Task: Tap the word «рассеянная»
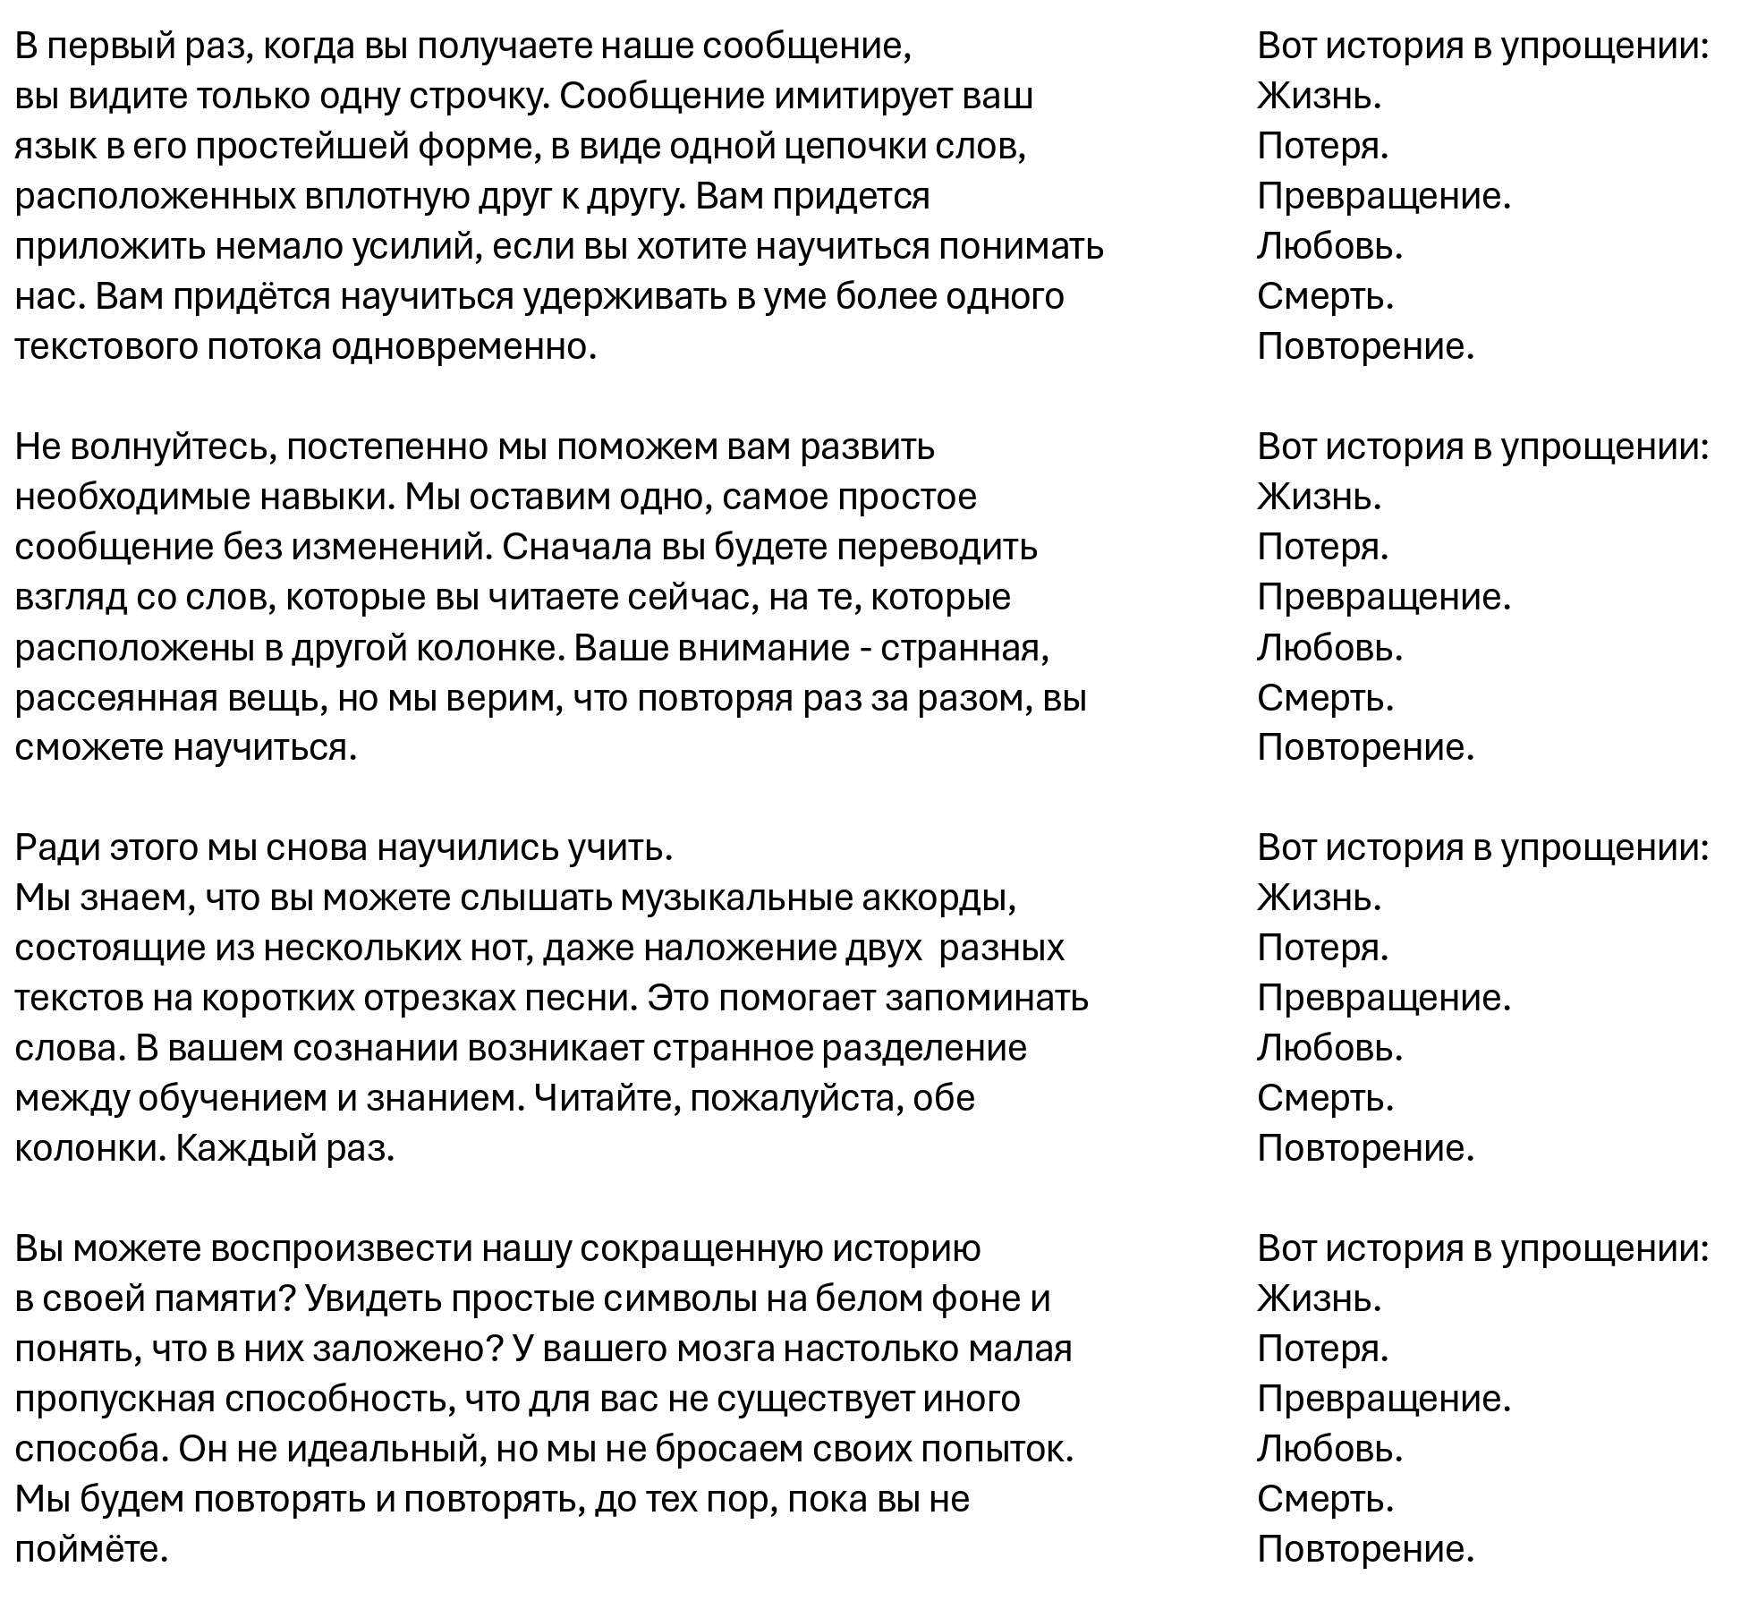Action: [116, 697]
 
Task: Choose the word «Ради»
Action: [56, 847]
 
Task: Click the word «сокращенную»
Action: [708, 1248]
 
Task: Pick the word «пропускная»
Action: [115, 1398]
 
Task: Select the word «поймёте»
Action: [91, 1548]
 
